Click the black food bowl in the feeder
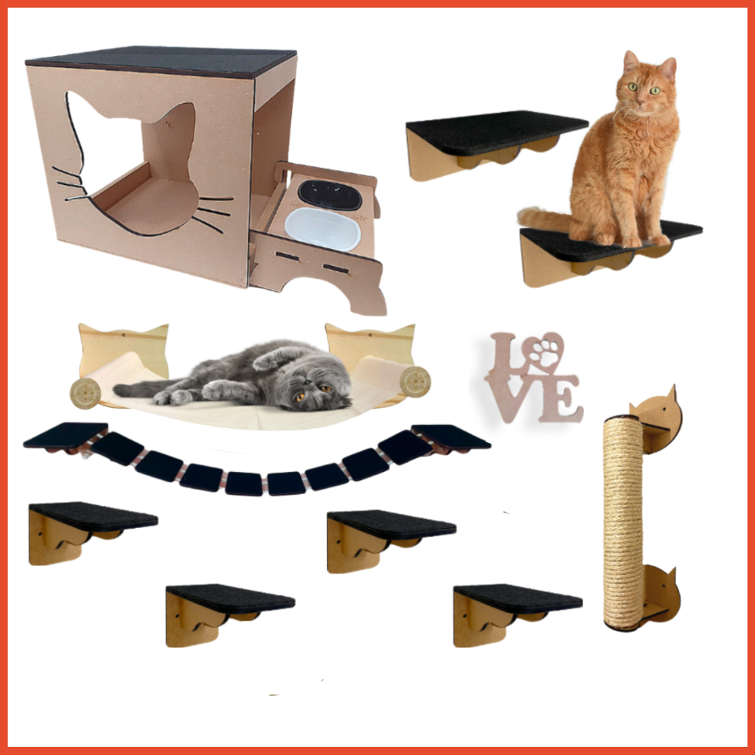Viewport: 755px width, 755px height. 330,195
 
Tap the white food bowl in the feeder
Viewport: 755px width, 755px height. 323,229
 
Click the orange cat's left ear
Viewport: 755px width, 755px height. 630,61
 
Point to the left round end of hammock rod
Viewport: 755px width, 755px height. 86,394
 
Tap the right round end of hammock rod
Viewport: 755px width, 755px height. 415,381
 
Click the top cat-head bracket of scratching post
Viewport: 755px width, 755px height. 655,420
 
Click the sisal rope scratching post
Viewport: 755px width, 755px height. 623,523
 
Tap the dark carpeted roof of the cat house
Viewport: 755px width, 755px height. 161,61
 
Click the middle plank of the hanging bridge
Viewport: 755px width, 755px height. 246,484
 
